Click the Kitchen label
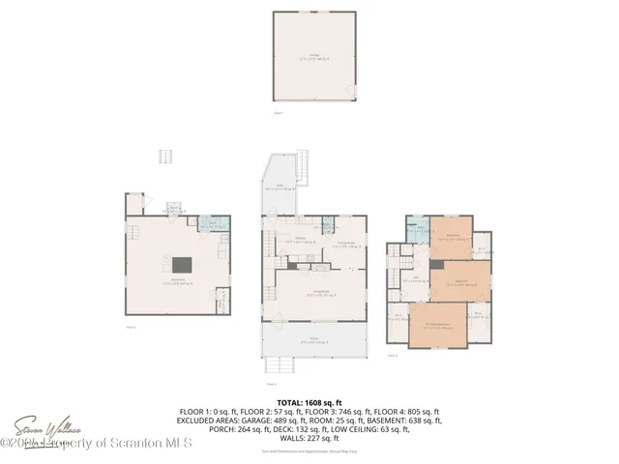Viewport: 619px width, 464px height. [302, 242]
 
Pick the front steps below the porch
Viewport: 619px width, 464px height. [280, 366]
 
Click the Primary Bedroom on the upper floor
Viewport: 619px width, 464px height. [440, 325]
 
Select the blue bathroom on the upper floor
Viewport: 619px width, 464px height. [416, 231]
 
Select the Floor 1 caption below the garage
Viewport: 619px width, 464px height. [279, 113]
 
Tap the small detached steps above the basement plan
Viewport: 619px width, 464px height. [165, 157]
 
